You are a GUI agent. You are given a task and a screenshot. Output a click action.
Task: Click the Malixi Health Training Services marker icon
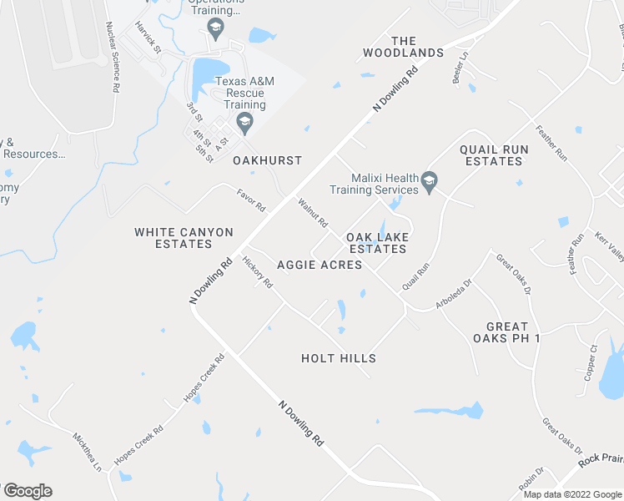point(429,182)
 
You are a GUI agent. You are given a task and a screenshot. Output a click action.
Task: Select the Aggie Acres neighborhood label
point(320,265)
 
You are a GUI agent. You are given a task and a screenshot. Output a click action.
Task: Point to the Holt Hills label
point(339,358)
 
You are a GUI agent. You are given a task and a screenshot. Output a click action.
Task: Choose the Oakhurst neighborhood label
point(267,159)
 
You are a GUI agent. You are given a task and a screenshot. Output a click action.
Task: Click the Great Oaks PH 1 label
point(506,332)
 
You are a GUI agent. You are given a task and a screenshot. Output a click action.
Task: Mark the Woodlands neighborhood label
point(403,47)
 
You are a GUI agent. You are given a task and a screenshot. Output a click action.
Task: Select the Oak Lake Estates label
point(377,242)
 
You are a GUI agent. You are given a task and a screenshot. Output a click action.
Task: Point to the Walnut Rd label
point(313,212)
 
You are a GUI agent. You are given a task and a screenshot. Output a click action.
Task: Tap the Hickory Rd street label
point(258,271)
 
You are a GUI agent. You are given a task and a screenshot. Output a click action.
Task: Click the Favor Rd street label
point(250,200)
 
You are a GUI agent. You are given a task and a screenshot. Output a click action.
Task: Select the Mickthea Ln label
point(87,451)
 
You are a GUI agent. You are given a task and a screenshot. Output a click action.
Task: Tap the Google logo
point(28,491)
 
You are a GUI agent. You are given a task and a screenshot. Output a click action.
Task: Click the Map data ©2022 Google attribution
point(573,494)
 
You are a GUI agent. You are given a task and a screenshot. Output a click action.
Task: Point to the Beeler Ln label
point(460,68)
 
